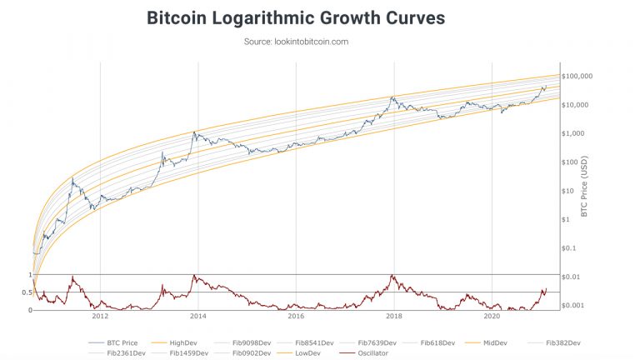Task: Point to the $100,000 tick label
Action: [577, 77]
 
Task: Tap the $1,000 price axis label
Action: [576, 133]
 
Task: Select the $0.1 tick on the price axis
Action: [572, 247]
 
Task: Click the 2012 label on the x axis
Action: [100, 317]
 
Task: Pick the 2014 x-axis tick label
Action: [197, 317]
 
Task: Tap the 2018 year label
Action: [393, 317]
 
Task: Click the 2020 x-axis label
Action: [492, 317]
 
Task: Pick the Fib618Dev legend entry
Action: [437, 342]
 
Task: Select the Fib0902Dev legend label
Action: [247, 353]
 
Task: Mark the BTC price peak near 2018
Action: [392, 97]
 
